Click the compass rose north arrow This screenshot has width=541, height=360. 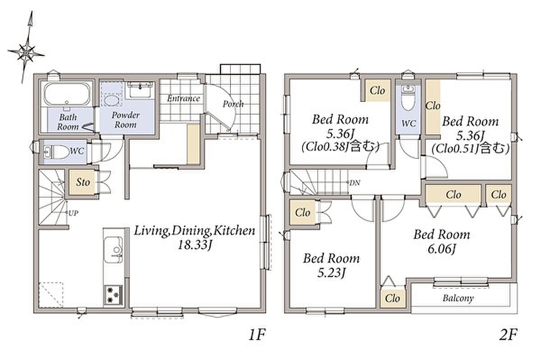(27, 47)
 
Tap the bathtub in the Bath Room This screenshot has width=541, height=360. (67, 94)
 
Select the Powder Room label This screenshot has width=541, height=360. (126, 120)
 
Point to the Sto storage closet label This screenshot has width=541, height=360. (83, 182)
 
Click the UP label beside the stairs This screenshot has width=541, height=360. (73, 213)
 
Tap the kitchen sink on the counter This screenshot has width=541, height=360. (113, 249)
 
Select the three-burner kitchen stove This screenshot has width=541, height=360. (113, 295)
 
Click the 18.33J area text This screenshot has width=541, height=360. (195, 245)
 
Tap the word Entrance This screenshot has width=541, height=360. (183, 99)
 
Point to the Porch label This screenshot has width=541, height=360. (233, 104)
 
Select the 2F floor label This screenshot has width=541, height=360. (508, 335)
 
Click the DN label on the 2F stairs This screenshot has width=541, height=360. (355, 183)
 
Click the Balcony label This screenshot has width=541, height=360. (458, 299)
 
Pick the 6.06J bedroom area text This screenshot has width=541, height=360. (441, 249)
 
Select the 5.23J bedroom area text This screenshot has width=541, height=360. (331, 273)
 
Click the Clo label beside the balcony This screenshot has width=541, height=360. (393, 299)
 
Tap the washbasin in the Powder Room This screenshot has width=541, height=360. (140, 89)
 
